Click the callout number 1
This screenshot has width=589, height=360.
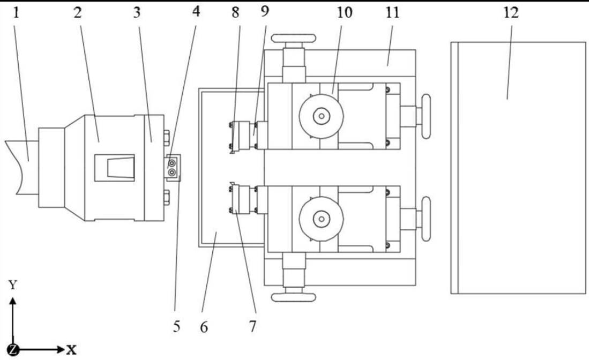[x=16, y=13]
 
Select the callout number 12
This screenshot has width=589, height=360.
[x=511, y=13]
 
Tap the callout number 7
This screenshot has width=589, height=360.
[x=252, y=327]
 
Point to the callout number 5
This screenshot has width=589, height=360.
[x=176, y=327]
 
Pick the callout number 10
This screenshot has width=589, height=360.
[x=344, y=12]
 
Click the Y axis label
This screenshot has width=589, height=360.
[x=13, y=285]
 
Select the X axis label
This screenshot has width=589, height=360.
[x=71, y=350]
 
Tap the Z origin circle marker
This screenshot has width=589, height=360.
[x=13, y=350]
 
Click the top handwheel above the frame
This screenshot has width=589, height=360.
[x=293, y=38]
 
